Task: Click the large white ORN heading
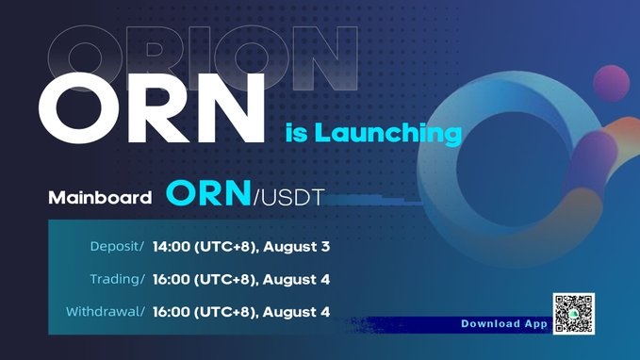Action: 152,108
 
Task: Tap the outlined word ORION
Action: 203,57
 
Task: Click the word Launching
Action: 387,133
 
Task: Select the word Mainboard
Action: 100,198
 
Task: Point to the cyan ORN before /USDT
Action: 208,192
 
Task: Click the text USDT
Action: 292,198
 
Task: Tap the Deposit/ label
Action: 117,247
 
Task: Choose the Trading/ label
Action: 117,279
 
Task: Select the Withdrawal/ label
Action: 106,311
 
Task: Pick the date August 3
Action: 296,247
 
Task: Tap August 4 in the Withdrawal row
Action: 296,312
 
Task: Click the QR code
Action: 573,314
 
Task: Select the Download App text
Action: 504,323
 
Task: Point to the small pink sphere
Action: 611,83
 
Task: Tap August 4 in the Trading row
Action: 296,279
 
